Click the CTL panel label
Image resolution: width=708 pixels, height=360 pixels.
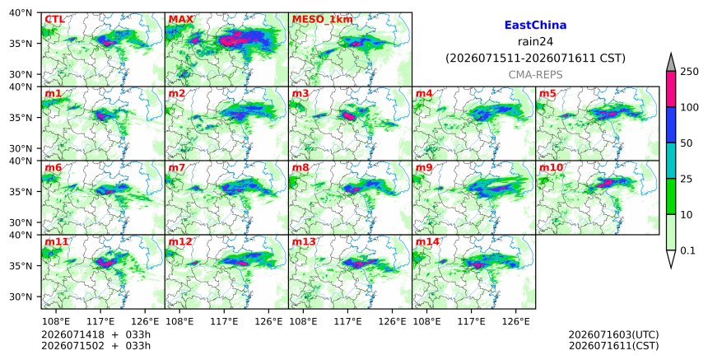pyautogui.click(x=54, y=20)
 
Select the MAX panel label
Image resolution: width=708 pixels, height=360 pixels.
pyautogui.click(x=180, y=20)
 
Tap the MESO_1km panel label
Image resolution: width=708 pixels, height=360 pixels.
pyautogui.click(x=323, y=20)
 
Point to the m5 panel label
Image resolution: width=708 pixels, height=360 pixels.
pyautogui.click(x=547, y=93)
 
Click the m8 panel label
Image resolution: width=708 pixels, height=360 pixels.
pyautogui.click(x=300, y=167)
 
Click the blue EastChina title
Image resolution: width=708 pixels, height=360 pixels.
pyautogui.click(x=535, y=26)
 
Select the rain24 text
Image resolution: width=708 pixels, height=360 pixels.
pyautogui.click(x=535, y=41)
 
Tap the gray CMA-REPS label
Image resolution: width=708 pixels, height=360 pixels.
pyautogui.click(x=535, y=75)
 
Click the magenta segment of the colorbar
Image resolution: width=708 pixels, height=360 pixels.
pyautogui.click(x=671, y=89)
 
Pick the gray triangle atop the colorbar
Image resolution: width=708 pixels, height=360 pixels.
pyautogui.click(x=671, y=63)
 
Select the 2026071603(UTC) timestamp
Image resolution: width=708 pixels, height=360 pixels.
pyautogui.click(x=613, y=334)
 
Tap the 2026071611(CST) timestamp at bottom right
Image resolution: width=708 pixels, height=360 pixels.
pyautogui.click(x=613, y=346)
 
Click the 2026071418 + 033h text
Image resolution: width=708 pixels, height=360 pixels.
pyautogui.click(x=95, y=334)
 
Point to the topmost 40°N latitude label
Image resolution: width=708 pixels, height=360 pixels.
pyautogui.click(x=21, y=12)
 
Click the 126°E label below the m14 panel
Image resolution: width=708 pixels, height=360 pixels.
pyautogui.click(x=516, y=321)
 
